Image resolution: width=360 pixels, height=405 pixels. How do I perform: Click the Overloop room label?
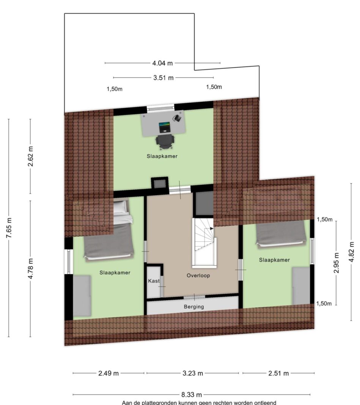[x=198, y=275]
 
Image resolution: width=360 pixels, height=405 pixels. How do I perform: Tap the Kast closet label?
[x=154, y=281]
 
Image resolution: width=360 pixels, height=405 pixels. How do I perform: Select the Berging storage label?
[x=194, y=307]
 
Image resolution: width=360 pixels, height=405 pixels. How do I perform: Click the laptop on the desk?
[x=164, y=127]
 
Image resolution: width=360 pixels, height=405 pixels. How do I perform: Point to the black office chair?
[x=165, y=142]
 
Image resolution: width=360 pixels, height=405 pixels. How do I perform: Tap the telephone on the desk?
[x=177, y=118]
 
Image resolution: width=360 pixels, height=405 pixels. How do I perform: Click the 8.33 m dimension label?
[x=192, y=394]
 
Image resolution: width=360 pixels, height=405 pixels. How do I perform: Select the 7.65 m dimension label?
[x=9, y=228]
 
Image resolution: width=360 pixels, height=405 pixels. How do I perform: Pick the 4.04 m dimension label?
[x=162, y=63]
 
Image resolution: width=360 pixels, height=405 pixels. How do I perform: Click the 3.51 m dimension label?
[x=163, y=77]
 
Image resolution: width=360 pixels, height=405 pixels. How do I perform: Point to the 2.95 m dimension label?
[x=336, y=263]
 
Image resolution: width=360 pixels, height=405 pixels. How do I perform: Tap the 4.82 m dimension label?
[x=351, y=252]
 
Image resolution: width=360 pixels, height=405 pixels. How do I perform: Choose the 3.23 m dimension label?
[x=192, y=373]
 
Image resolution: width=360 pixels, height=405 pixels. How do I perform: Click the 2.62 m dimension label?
[x=30, y=156]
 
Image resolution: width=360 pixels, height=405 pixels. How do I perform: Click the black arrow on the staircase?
[x=212, y=229]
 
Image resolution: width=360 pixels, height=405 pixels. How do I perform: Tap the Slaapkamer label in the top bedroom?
[x=162, y=156]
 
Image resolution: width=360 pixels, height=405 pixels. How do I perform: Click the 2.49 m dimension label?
[x=108, y=373]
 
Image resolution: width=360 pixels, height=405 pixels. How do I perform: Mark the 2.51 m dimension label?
[x=278, y=373]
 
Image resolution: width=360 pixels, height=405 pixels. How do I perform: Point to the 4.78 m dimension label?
[x=30, y=269]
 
